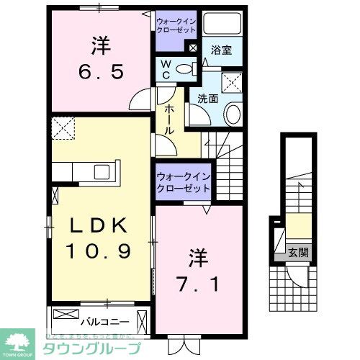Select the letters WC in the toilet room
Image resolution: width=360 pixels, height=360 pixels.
(164, 70)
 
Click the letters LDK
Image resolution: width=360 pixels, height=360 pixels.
(100, 225)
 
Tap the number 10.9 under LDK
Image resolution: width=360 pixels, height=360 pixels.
(100, 252)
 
